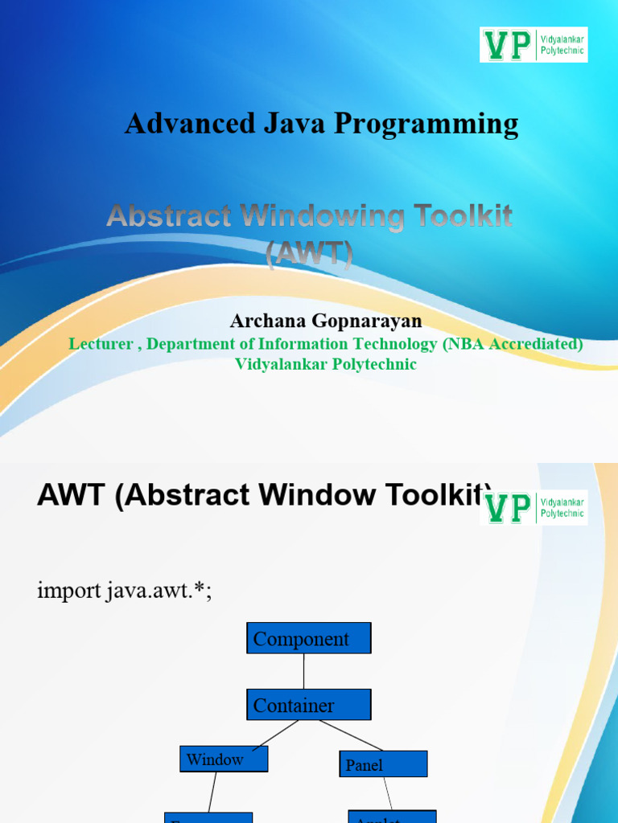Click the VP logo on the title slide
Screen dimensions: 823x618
[x=534, y=44]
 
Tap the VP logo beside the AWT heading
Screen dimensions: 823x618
[x=534, y=508]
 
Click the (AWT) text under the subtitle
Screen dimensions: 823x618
[x=309, y=255]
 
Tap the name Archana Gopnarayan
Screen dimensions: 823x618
[x=325, y=321]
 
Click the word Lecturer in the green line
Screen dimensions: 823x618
[x=101, y=344]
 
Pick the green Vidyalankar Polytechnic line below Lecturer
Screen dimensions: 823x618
[x=325, y=364]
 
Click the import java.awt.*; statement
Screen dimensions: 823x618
[x=125, y=592]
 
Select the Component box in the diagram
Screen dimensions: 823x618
[x=308, y=638]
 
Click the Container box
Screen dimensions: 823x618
[x=308, y=705]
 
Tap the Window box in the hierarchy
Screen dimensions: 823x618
[x=223, y=759]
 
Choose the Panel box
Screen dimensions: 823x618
[x=383, y=764]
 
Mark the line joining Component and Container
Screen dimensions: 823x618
[x=304, y=671]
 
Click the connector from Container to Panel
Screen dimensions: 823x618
[x=350, y=735]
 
